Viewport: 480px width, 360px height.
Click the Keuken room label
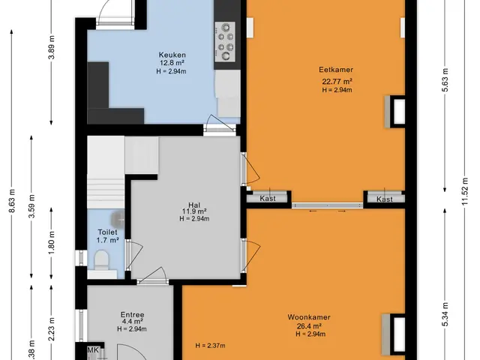coord(172,55)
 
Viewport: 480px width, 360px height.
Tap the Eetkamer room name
coord(336,70)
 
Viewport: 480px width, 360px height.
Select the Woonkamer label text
coord(309,317)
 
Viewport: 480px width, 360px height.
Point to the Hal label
coord(194,205)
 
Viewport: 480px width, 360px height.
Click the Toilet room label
coord(107,232)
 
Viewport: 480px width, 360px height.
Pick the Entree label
coord(132,315)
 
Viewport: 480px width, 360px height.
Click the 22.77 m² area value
coord(337,82)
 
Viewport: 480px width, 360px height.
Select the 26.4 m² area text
coord(309,326)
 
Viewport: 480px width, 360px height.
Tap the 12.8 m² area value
coord(172,63)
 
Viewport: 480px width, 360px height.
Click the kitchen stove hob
coord(225,42)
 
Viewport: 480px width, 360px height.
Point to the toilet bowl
coord(101,259)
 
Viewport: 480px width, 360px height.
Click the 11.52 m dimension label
coord(465,192)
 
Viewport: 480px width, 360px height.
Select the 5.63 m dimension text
coord(445,80)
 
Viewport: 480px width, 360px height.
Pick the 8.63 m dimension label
coord(12,201)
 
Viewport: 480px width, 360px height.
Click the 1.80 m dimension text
coord(52,243)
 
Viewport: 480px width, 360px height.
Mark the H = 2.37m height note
coord(210,346)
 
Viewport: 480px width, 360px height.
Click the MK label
coord(93,350)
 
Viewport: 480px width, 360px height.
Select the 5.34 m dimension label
coord(445,314)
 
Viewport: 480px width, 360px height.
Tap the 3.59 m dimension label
coord(31,206)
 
